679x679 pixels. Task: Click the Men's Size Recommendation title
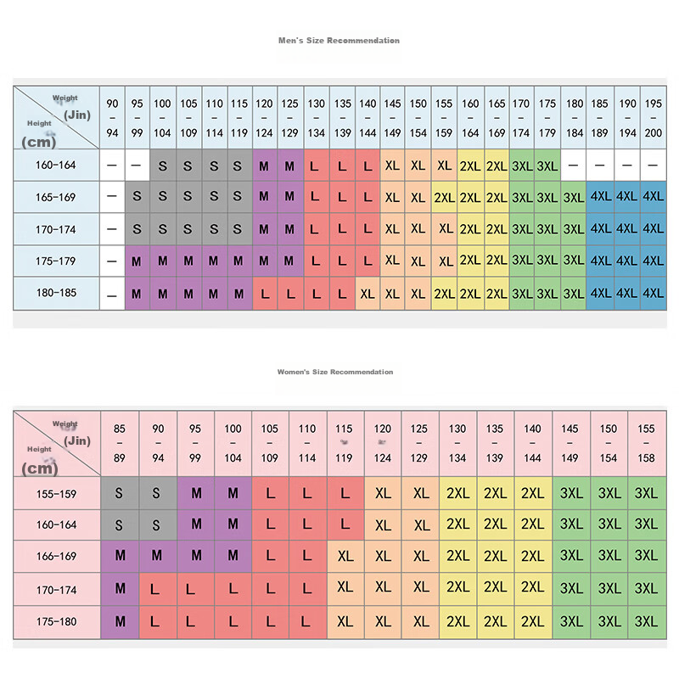[339, 40]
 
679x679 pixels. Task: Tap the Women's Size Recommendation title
[335, 372]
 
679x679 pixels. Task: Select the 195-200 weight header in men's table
[653, 118]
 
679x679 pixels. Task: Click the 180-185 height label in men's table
[56, 294]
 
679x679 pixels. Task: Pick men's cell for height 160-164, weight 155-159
[444, 166]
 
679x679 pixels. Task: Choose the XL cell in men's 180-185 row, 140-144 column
[368, 294]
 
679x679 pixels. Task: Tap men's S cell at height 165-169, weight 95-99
[137, 198]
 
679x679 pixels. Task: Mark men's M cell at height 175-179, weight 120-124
[265, 261]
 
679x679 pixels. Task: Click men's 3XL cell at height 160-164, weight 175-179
[547, 166]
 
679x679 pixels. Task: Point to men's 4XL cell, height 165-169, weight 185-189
[600, 198]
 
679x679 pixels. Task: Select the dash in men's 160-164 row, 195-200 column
[653, 166]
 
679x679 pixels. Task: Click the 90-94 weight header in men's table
[112, 118]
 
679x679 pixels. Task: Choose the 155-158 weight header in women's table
[646, 444]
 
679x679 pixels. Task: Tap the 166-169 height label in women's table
[56, 557]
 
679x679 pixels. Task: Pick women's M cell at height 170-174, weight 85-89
[120, 588]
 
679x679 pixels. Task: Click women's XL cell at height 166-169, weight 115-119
[345, 557]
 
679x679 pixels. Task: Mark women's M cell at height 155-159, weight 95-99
[196, 493]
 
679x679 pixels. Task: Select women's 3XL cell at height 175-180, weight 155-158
[646, 621]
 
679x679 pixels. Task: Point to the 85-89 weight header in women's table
[120, 444]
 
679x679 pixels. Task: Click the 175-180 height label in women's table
[56, 621]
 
